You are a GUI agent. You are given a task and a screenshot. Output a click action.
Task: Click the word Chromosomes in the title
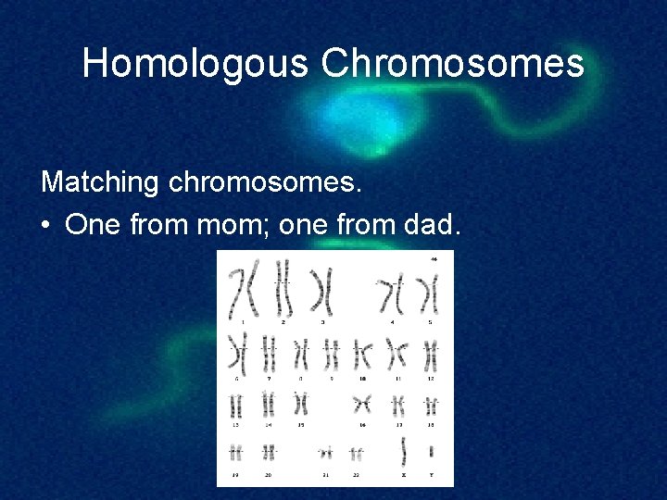(x=453, y=64)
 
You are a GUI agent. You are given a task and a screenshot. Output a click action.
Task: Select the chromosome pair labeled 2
(x=283, y=290)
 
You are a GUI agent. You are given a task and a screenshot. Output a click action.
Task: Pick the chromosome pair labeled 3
(x=322, y=292)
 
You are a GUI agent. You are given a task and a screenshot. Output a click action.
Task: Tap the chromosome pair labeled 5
(x=427, y=295)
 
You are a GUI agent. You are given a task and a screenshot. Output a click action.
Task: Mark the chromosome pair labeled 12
(x=430, y=356)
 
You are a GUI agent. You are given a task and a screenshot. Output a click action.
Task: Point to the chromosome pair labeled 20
(x=269, y=452)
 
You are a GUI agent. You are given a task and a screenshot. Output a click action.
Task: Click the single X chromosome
(x=405, y=451)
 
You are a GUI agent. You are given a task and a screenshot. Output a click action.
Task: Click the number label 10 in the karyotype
(x=362, y=379)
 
